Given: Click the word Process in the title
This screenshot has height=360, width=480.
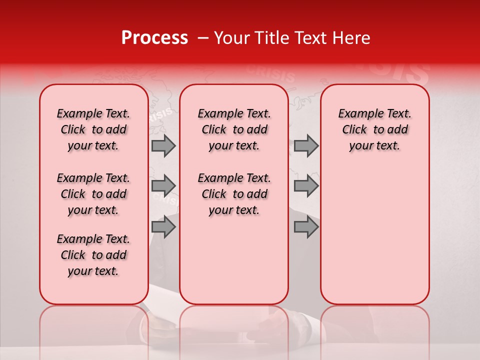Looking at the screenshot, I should click(154, 38).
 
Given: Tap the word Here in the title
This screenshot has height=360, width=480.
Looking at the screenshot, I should click(352, 38).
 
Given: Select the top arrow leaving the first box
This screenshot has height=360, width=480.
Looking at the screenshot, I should click(163, 145).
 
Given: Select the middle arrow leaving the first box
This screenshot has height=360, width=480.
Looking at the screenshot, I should click(163, 186).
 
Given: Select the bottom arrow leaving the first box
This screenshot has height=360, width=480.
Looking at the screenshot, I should click(163, 227).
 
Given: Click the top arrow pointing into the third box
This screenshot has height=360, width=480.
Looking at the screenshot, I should click(306, 145).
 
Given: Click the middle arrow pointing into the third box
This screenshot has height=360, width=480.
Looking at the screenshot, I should click(306, 186).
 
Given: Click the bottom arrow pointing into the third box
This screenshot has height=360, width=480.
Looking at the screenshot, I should click(306, 227).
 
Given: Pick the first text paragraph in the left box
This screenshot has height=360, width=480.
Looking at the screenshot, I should click(93, 129).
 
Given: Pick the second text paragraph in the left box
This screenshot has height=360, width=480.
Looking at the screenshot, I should click(93, 194).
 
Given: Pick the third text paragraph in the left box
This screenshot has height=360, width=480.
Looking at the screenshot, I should click(93, 255).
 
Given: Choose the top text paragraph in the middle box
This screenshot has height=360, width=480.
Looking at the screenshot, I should click(234, 129).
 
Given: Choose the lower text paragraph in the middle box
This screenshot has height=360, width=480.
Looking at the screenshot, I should click(234, 194).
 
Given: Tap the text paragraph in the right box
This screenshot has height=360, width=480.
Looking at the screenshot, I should click(374, 129).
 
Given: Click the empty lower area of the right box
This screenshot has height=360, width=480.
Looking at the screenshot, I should click(374, 235).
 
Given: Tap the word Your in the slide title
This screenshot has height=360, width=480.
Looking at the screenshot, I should click(231, 38).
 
